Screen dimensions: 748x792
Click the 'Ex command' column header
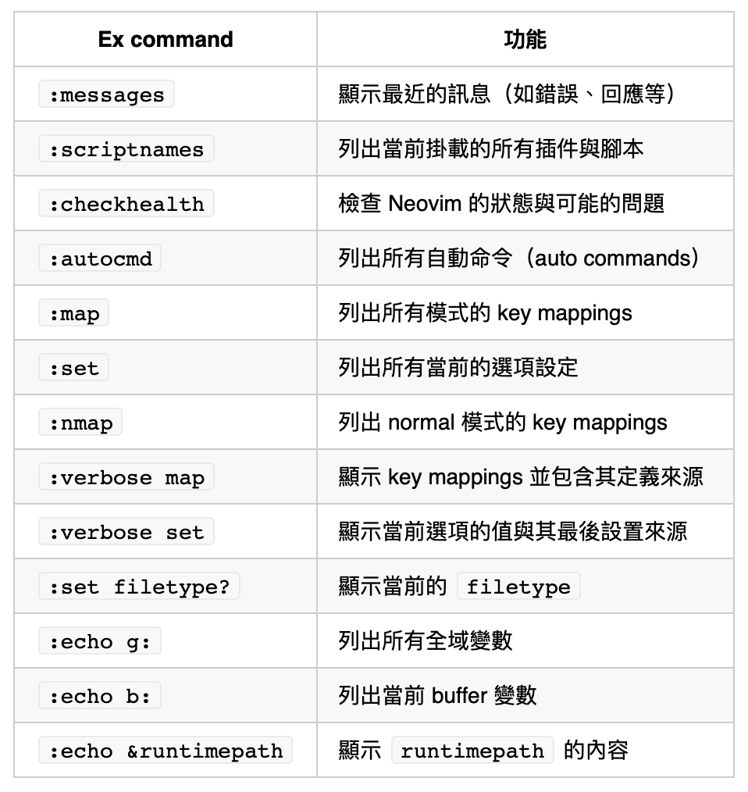point(166,40)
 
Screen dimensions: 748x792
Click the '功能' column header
point(525,40)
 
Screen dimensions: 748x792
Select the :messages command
point(106,95)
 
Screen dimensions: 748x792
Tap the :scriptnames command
point(126,149)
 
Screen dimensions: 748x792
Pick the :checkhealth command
point(126,204)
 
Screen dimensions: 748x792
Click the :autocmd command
point(100,259)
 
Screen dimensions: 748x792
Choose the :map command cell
point(74,313)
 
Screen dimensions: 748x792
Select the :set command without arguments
point(74,368)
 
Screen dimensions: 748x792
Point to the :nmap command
point(80,423)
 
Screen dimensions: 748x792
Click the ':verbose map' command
point(126,477)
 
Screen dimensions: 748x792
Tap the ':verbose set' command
point(126,532)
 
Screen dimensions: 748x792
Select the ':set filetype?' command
point(139,587)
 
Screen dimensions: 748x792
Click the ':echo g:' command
point(100,641)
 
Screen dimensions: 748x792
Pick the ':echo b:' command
point(100,696)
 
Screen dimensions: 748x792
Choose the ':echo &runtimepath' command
point(166,751)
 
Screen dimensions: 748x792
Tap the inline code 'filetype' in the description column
point(518,587)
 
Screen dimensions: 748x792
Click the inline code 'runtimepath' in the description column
point(472,751)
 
